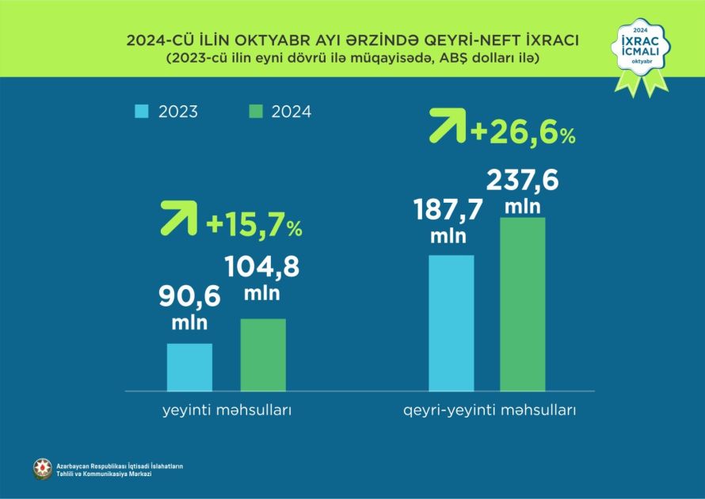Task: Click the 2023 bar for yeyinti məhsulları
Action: point(189,367)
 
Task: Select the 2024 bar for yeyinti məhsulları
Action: point(263,354)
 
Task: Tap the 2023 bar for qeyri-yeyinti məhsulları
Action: point(452,322)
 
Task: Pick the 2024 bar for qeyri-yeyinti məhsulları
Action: point(523,303)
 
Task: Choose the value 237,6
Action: point(523,181)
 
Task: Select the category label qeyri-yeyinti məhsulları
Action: point(486,412)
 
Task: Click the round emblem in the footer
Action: point(42,469)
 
